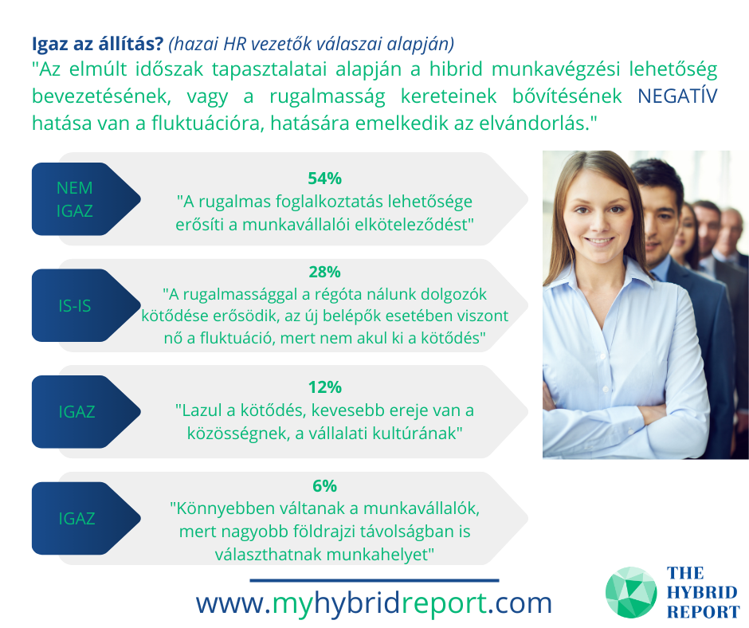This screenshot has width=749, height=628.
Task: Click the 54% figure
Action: click(325, 179)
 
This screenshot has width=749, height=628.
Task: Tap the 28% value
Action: click(325, 272)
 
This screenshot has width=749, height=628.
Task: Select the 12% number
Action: click(325, 387)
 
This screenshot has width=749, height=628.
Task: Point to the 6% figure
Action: click(325, 485)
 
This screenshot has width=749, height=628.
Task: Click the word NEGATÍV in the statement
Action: click(677, 96)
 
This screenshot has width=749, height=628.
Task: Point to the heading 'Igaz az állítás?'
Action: click(98, 44)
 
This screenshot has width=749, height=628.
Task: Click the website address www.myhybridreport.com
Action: click(374, 603)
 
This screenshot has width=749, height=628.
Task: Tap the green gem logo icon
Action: click(631, 592)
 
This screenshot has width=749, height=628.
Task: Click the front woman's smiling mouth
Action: click(599, 241)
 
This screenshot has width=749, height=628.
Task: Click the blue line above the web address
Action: click(374, 581)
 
